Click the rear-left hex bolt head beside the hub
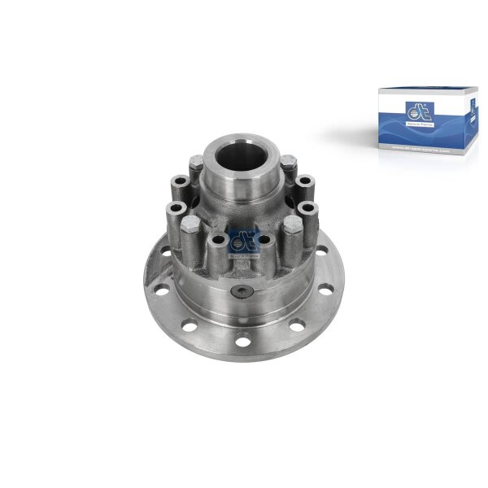[x=195, y=164]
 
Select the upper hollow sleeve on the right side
[x=304, y=181]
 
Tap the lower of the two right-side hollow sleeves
[x=307, y=209]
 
